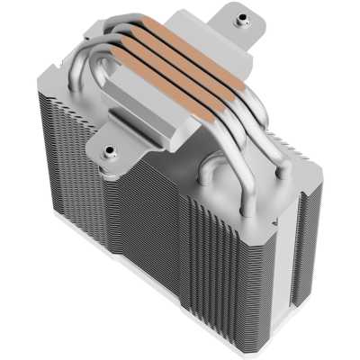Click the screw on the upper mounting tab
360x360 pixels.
click(241, 18)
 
